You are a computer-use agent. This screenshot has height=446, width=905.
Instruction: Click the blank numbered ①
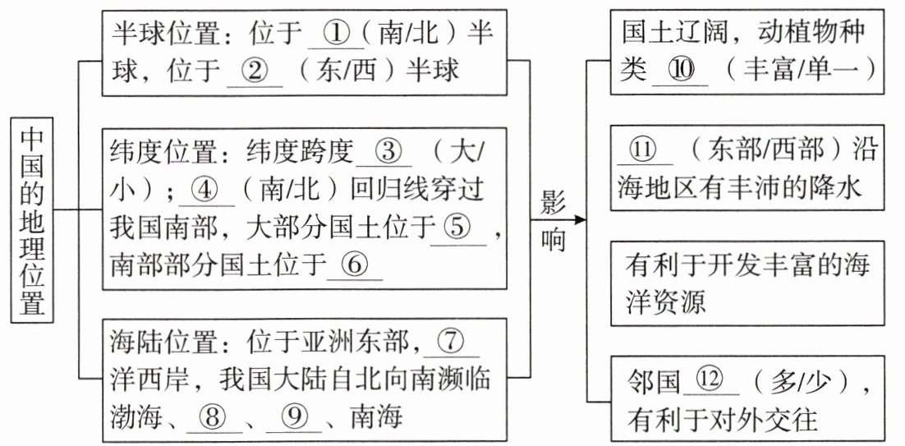click(x=336, y=34)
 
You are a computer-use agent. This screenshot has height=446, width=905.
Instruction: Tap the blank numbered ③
click(x=385, y=152)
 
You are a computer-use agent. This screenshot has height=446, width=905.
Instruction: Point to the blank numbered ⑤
click(x=458, y=227)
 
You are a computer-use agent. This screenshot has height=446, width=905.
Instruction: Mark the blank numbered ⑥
click(x=355, y=264)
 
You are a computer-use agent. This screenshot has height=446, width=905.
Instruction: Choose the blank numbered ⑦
click(x=451, y=340)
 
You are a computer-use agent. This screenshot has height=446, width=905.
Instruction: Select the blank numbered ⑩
click(x=679, y=71)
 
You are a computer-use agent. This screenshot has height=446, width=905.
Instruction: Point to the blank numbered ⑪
click(x=645, y=150)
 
